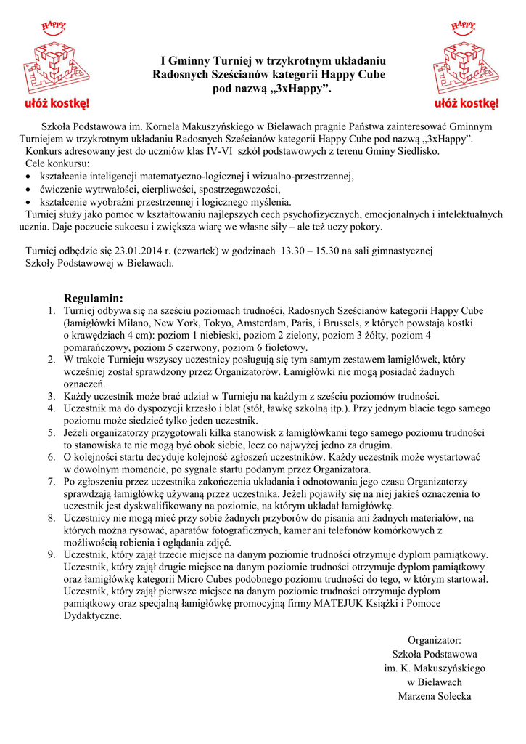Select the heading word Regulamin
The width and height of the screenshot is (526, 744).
pos(94,298)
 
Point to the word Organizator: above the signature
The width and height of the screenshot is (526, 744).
pos(435,640)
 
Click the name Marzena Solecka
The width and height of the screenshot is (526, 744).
pos(435,696)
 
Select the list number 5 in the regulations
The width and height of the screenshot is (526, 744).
pos(52,433)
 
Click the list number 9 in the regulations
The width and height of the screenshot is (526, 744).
pos(52,554)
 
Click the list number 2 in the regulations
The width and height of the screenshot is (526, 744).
pos(52,359)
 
